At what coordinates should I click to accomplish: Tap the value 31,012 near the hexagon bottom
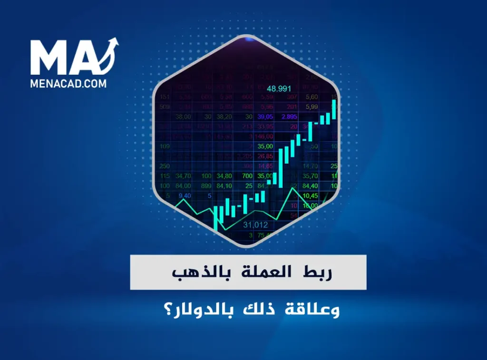click(255, 224)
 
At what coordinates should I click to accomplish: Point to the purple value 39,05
click(265, 117)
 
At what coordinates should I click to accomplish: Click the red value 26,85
click(265, 156)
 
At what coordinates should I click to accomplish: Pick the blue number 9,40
click(185, 195)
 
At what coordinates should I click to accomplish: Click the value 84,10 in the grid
click(224, 185)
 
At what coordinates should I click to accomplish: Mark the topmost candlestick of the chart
click(334, 109)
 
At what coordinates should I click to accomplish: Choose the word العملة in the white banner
click(264, 273)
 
